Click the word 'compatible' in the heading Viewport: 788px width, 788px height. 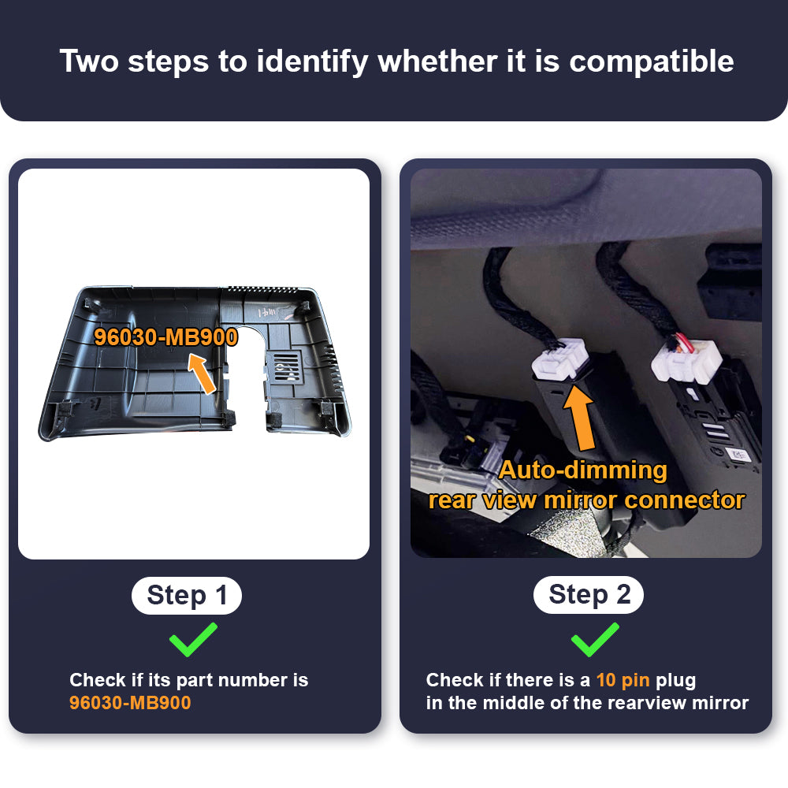(x=652, y=61)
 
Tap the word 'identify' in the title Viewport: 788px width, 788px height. (x=312, y=61)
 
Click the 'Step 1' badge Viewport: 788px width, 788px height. (x=187, y=596)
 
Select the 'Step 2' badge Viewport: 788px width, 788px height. (x=589, y=595)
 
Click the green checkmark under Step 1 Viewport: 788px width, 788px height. (x=193, y=639)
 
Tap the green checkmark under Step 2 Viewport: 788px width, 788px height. (x=595, y=639)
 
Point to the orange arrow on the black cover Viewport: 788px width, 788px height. (x=202, y=374)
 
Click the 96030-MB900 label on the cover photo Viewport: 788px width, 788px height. (x=165, y=337)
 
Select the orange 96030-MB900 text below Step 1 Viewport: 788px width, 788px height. (x=130, y=703)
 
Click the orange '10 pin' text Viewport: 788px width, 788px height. (x=623, y=680)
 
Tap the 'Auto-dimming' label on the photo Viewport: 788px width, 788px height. (x=583, y=471)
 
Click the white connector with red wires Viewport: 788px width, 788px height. (x=686, y=360)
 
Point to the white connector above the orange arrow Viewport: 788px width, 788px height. (x=559, y=359)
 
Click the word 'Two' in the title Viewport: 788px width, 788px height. (x=90, y=61)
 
